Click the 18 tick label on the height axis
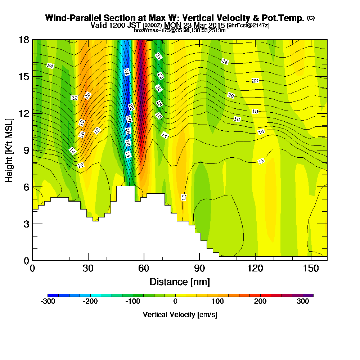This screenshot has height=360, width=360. pyautogui.click(x=24, y=40)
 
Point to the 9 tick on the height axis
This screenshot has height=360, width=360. pyautogui.click(x=33, y=150)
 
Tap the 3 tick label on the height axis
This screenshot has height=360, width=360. pyautogui.click(x=26, y=224)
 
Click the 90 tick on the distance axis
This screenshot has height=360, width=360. pyautogui.click(x=199, y=260)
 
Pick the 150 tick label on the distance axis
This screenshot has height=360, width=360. pyautogui.click(x=311, y=269)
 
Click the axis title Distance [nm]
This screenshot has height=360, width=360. pyautogui.click(x=180, y=282)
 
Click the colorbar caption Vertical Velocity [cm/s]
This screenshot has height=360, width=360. pyautogui.click(x=180, y=315)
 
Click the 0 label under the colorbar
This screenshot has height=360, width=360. pyautogui.click(x=175, y=302)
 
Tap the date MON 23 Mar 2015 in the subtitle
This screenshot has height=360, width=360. pyautogui.click(x=194, y=25)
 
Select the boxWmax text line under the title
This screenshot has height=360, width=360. pyautogui.click(x=180, y=30)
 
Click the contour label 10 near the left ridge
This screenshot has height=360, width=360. pyautogui.click(x=81, y=166)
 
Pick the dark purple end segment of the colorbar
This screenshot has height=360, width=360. pyautogui.click(x=310, y=295)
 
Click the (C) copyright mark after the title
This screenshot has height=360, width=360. pyautogui.click(x=311, y=18)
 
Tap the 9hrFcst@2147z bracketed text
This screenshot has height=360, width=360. pyautogui.click(x=248, y=26)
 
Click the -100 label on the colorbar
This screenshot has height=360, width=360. pyautogui.click(x=132, y=302)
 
